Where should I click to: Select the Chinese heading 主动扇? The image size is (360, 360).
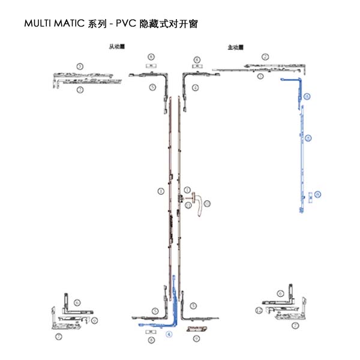click(235, 47)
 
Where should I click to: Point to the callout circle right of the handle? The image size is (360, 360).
click(208, 204)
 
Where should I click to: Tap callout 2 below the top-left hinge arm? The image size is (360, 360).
click(79, 90)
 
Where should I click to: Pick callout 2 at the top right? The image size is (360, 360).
click(265, 57)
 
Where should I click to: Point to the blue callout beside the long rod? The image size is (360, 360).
click(308, 138)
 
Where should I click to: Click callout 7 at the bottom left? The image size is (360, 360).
click(58, 337)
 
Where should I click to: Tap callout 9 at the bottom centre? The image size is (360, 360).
click(196, 338)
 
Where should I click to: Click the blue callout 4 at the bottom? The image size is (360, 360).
click(169, 334)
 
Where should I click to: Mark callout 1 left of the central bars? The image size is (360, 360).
click(160, 191)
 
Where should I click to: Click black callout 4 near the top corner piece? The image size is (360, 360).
click(196, 88)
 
